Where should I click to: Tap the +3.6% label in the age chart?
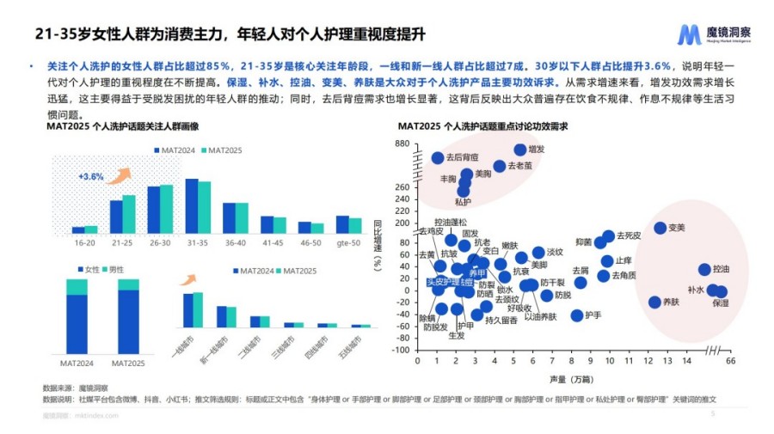[90, 176]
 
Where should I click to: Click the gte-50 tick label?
[348, 242]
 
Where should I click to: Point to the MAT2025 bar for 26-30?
[167, 209]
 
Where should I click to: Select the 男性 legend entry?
[117, 270]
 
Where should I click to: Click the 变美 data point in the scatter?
[660, 228]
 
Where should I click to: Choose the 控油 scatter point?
[704, 269]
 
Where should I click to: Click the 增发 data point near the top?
[520, 150]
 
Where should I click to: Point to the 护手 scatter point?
[577, 315]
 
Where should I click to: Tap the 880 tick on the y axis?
[402, 144]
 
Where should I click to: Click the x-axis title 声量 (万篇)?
[568, 377]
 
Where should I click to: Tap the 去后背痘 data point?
[437, 157]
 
